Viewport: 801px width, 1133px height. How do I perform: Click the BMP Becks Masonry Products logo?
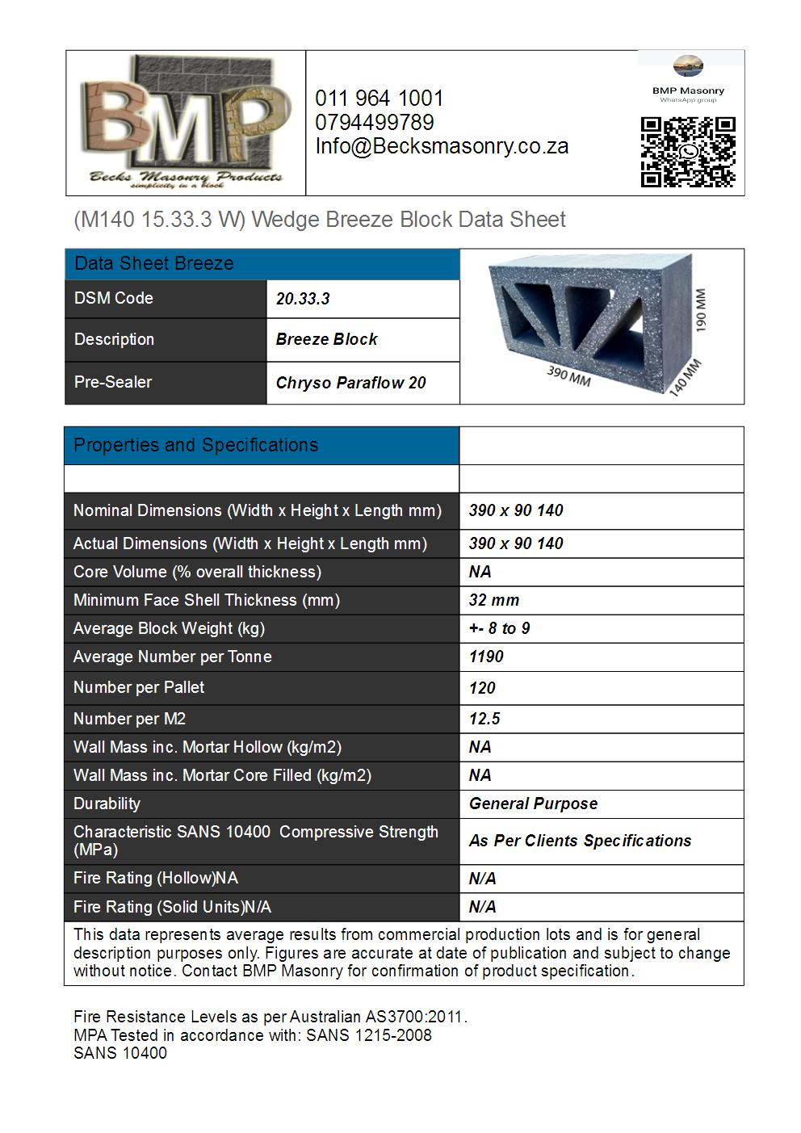186,121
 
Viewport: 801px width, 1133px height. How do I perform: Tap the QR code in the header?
688,152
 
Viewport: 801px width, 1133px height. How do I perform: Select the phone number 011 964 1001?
379,99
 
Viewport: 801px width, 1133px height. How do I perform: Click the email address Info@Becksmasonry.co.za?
442,146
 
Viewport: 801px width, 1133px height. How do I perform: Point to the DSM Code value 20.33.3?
303,299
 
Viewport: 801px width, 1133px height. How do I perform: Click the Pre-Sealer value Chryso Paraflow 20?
350,383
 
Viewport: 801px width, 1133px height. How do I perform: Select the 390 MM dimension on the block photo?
568,376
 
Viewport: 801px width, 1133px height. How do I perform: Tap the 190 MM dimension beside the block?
700,310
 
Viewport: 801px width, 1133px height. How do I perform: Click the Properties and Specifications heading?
195,445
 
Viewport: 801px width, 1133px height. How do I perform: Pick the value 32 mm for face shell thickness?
494,600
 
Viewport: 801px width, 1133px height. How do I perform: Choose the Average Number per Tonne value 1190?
486,657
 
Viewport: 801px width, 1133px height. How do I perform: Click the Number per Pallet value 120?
482,688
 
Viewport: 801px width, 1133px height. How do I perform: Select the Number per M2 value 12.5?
484,719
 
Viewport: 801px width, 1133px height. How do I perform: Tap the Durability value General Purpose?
533,804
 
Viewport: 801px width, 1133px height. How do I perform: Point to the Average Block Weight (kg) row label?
169,628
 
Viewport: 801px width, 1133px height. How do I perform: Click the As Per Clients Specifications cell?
580,841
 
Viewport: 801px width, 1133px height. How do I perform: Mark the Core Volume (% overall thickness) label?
197,572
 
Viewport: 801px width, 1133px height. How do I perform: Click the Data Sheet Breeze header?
153,263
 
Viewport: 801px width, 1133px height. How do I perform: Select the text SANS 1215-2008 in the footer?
369,1035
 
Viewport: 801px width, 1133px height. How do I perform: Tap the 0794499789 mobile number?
375,123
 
